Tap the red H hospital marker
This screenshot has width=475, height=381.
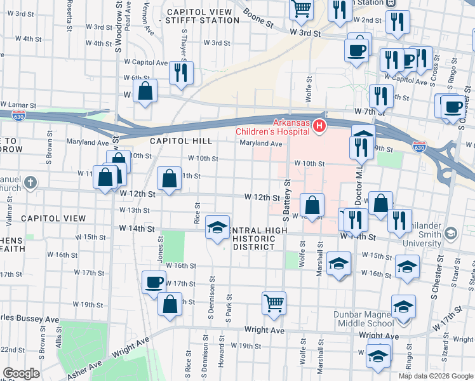point(319,127)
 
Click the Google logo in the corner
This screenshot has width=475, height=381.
point(21,373)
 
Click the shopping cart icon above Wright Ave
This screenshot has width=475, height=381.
point(274,302)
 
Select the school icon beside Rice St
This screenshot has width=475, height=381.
point(217,228)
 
